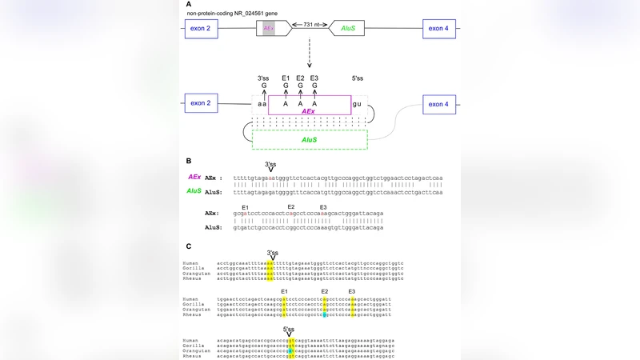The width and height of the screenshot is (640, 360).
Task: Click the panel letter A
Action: tap(189, 4)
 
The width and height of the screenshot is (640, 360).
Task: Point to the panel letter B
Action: tap(189, 162)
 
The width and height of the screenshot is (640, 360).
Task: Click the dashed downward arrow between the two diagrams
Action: tap(310, 54)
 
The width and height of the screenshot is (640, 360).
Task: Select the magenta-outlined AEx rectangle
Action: tap(309, 104)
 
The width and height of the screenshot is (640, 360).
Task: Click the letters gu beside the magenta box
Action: tap(358, 103)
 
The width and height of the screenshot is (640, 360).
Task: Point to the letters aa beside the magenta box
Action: tap(262, 103)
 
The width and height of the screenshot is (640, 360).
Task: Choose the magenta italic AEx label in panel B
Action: tap(194, 177)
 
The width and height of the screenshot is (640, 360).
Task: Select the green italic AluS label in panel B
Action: tap(194, 191)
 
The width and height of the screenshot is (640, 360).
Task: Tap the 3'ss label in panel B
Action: tap(270, 163)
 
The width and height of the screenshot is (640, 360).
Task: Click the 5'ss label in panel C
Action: tap(289, 329)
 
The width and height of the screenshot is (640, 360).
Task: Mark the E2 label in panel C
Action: tap(325, 291)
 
